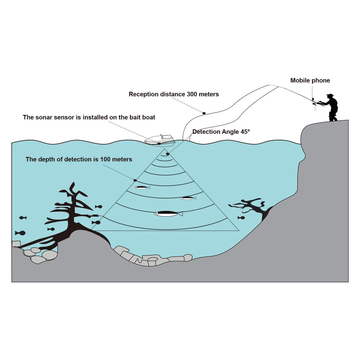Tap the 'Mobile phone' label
click(x=310, y=80)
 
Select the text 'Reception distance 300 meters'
click(x=174, y=94)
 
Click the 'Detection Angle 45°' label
click(x=221, y=132)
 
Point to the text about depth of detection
click(x=79, y=159)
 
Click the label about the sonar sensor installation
click(x=89, y=117)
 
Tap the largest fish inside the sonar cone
click(x=168, y=214)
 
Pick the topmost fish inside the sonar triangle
click(x=142, y=188)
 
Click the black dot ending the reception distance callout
click(x=204, y=113)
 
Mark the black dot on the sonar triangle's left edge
click(x=135, y=180)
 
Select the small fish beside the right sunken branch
click(x=241, y=217)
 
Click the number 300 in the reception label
click(x=192, y=94)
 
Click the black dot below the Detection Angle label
click(x=168, y=154)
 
